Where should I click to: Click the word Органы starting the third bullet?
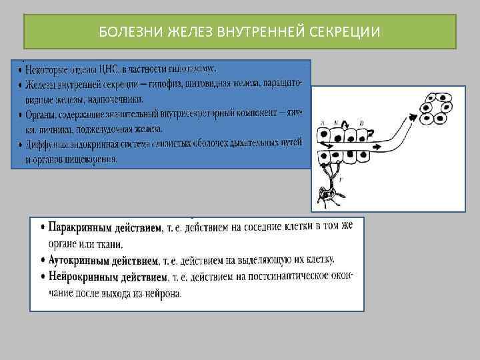(x=42, y=115)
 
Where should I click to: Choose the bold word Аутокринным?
(x=80, y=259)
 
